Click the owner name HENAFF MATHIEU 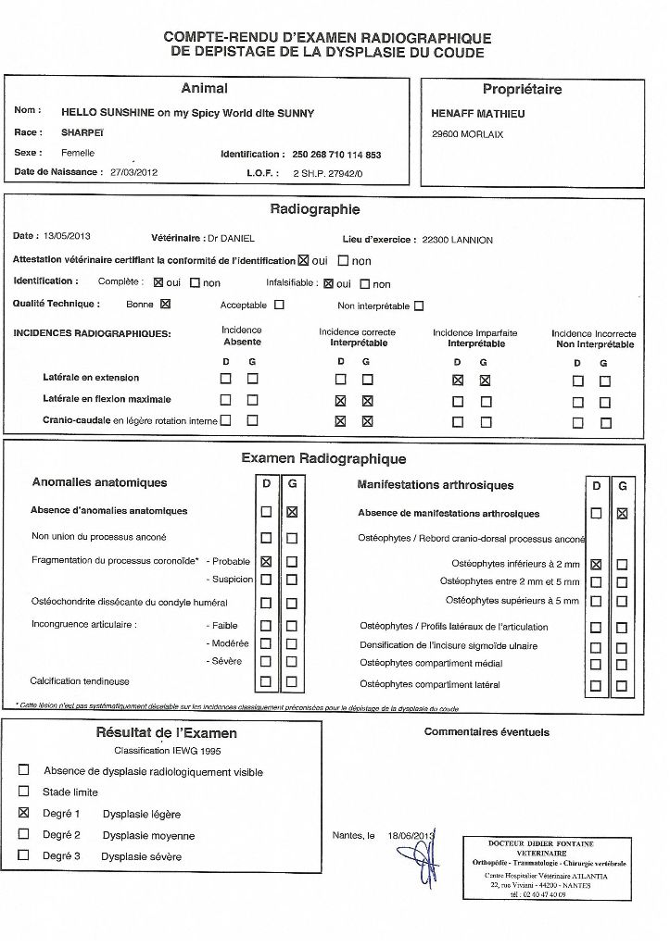point(477,114)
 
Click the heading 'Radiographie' point(315,210)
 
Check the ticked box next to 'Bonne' point(166,304)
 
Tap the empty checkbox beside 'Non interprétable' point(420,306)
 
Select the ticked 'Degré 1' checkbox point(24,813)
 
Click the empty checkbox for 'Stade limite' point(24,792)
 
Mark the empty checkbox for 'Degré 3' point(24,855)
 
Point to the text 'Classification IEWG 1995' point(167,750)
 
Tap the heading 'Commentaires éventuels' point(487,732)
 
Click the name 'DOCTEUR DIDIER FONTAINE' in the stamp point(541,843)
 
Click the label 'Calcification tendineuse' point(80,681)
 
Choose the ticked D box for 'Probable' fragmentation point(267,561)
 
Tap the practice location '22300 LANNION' point(457,240)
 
